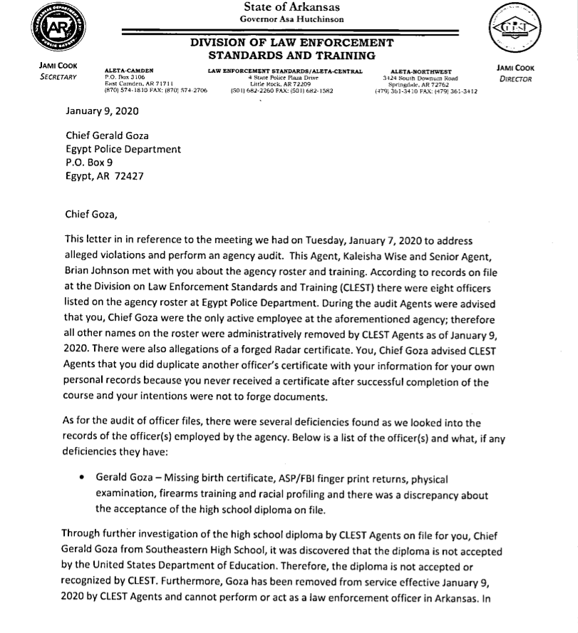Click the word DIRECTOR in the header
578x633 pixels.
pyautogui.click(x=516, y=79)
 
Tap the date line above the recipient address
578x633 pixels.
pyautogui.click(x=102, y=112)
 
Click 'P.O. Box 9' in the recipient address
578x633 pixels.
pyautogui.click(x=89, y=163)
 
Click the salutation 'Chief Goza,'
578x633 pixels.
pyautogui.click(x=89, y=213)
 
